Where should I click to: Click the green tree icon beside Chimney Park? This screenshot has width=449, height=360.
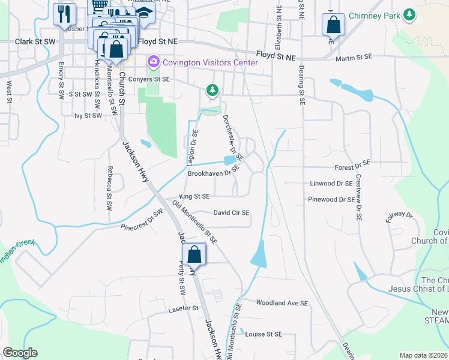(410, 14)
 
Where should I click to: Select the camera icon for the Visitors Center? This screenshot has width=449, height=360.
(153, 62)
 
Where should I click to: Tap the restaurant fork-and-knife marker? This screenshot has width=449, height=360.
(64, 13)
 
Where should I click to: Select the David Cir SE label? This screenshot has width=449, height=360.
(232, 212)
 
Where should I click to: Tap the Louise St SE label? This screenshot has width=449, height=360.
(264, 334)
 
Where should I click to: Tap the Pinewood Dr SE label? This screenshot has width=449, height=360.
(331, 199)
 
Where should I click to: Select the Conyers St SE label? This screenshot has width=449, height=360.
(149, 79)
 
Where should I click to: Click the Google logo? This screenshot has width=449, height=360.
(20, 353)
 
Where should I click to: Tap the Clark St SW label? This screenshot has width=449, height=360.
(35, 42)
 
